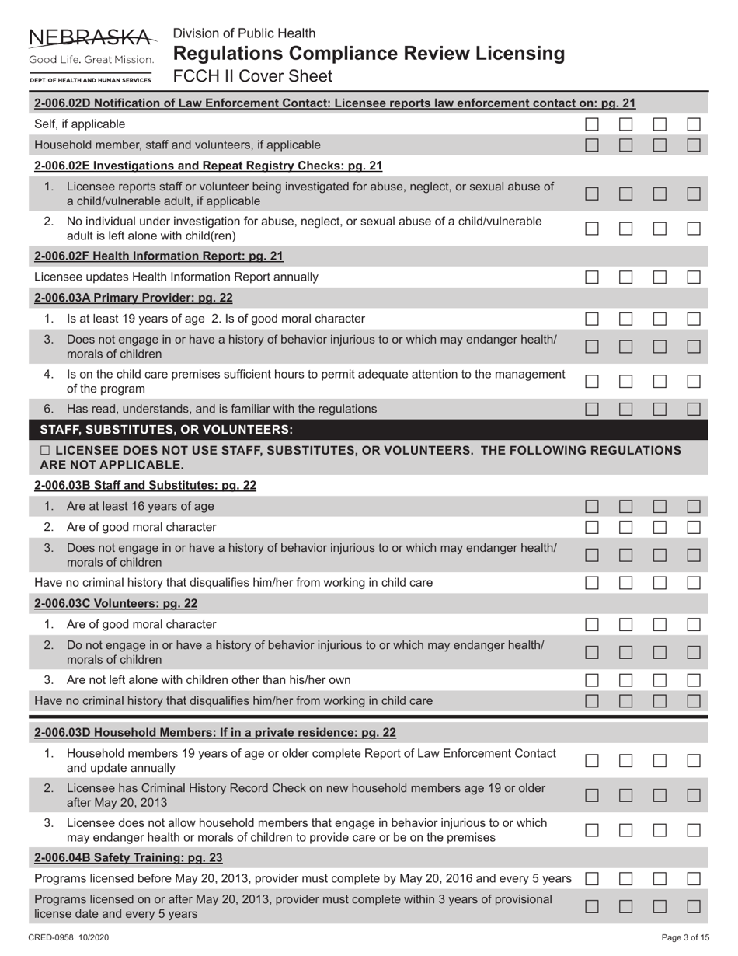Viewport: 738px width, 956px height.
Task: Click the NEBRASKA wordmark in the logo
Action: pyautogui.click(x=92, y=37)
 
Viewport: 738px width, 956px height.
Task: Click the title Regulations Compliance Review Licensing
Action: pyautogui.click(x=368, y=54)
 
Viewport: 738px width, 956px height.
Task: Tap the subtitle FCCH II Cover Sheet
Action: pyautogui.click(x=252, y=76)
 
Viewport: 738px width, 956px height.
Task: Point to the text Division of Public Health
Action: pyautogui.click(x=244, y=33)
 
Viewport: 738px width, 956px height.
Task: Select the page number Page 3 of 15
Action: pyautogui.click(x=685, y=938)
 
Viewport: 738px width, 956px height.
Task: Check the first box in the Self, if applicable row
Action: pyautogui.click(x=592, y=124)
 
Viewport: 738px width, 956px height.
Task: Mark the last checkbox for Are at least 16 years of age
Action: pyautogui.click(x=694, y=507)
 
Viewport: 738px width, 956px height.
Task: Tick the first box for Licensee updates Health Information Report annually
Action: pyautogui.click(x=592, y=277)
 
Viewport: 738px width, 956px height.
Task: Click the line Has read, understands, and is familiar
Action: pyautogui.click(x=221, y=409)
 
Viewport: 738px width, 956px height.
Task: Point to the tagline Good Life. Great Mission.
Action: pyautogui.click(x=92, y=60)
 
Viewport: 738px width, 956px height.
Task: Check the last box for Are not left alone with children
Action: pyautogui.click(x=694, y=680)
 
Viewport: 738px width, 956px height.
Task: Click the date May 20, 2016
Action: pyautogui.click(x=430, y=878)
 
